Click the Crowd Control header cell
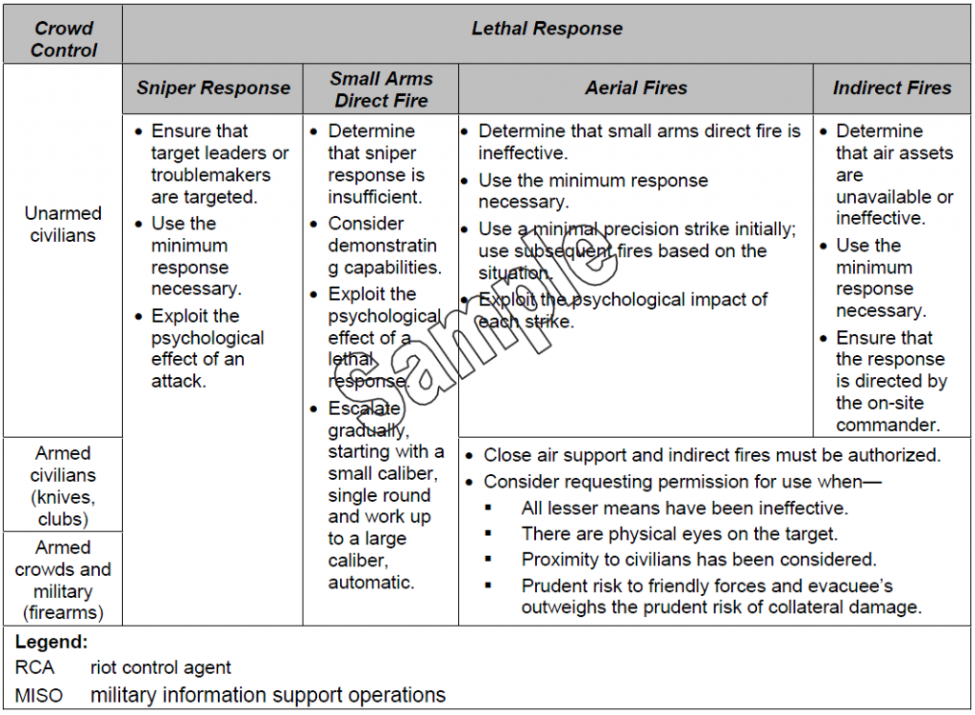[x=63, y=38]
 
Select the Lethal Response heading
[x=547, y=29]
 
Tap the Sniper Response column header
[x=213, y=89]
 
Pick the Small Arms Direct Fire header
[x=381, y=89]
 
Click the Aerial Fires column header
[x=636, y=88]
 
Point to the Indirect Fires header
[x=892, y=88]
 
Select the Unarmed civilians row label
[x=63, y=224]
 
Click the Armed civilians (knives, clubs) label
[x=63, y=486]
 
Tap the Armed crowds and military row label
[x=63, y=580]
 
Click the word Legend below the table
[x=51, y=643]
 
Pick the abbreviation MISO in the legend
[x=39, y=696]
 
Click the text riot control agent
[x=161, y=668]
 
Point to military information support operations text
[x=268, y=695]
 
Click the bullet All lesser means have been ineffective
[x=684, y=508]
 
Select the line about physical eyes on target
[x=679, y=534]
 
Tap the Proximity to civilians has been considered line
[x=698, y=560]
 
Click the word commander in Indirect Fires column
[x=887, y=426]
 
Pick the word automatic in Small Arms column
[x=371, y=583]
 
